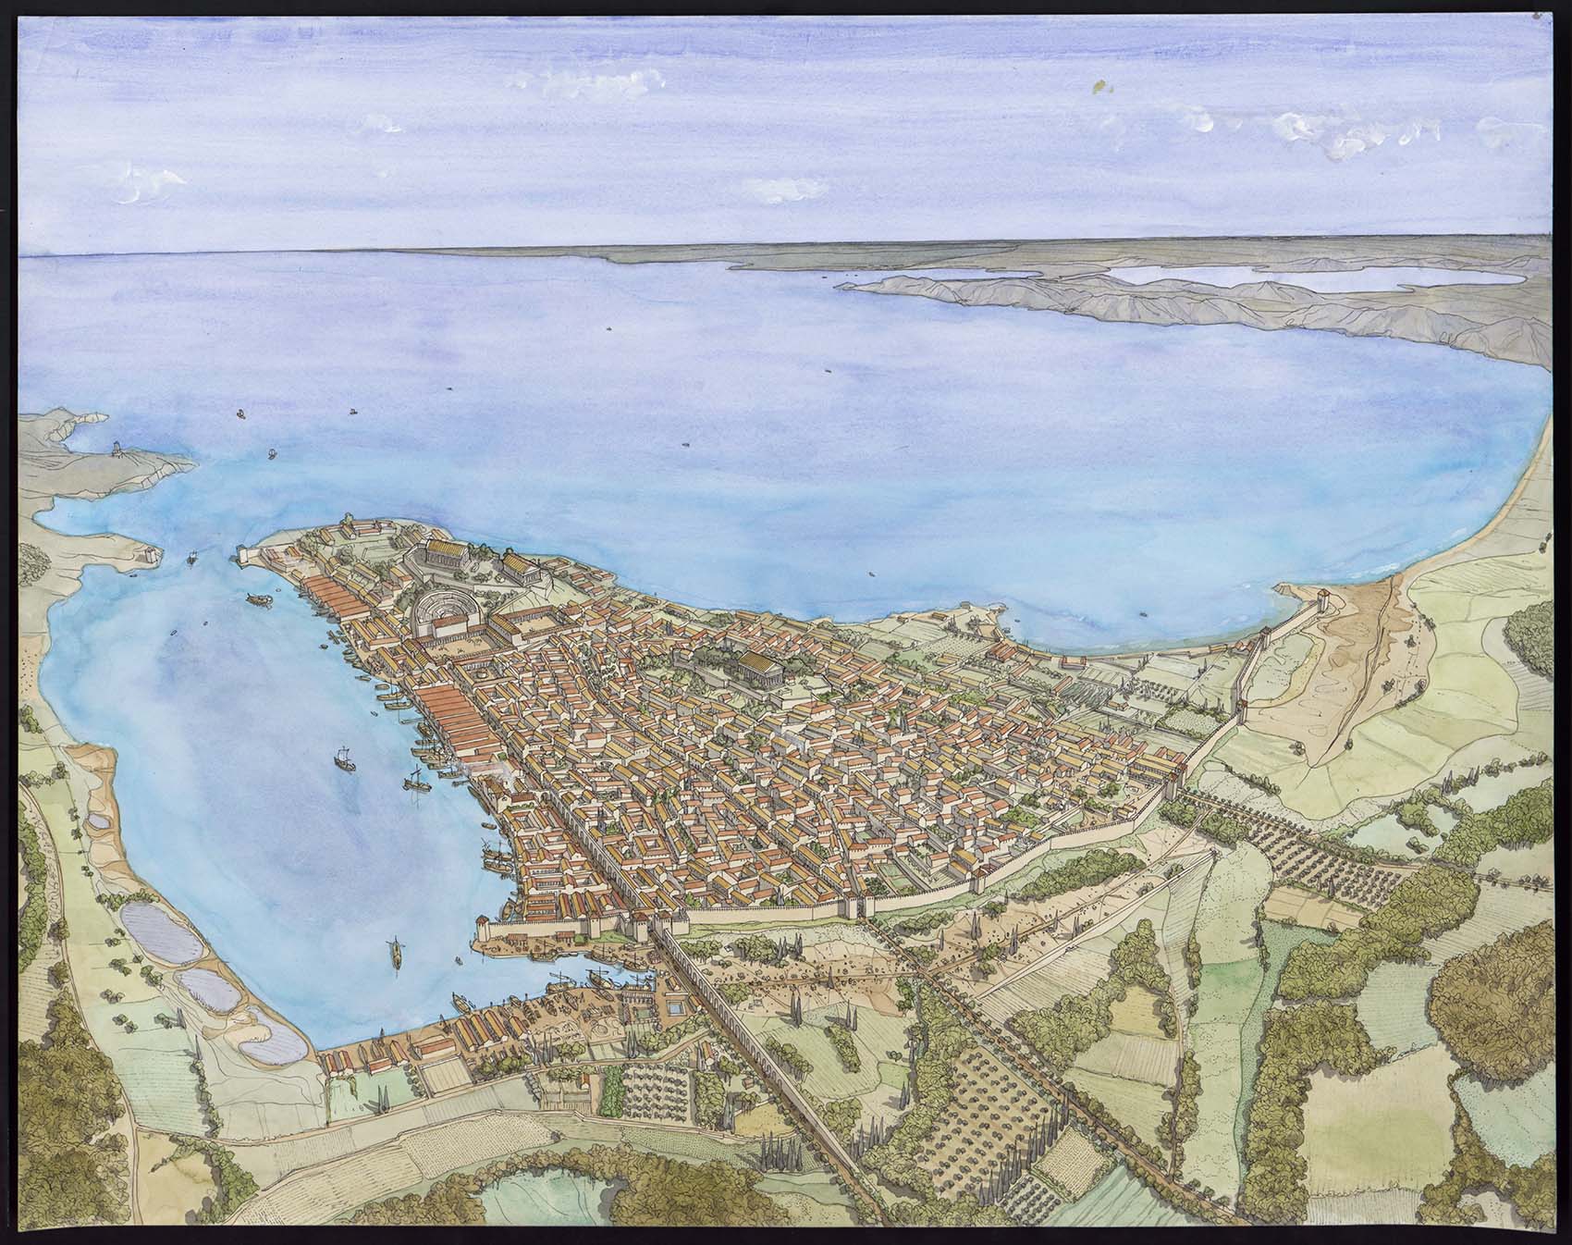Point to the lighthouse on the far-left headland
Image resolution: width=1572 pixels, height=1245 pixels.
click(x=117, y=450)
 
